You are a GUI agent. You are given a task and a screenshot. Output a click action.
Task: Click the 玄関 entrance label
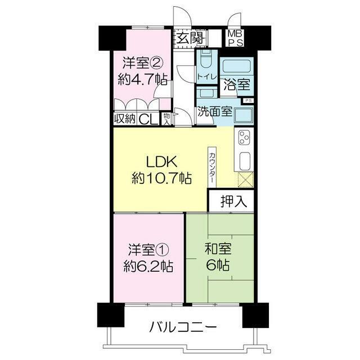coord(189,38)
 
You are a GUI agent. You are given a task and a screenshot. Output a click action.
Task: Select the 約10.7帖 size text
coord(161,179)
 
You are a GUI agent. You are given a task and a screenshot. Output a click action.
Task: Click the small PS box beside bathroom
coord(247,100)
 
